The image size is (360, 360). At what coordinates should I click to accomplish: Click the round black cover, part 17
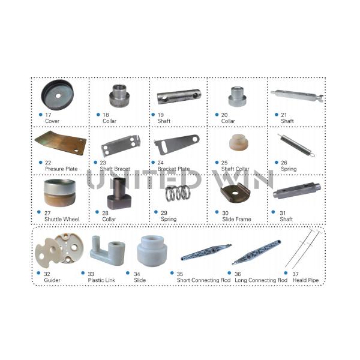59,94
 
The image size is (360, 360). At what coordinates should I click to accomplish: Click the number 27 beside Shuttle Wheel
49,212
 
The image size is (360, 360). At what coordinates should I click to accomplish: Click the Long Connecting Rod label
261,280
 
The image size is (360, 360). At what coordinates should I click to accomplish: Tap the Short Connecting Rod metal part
206,250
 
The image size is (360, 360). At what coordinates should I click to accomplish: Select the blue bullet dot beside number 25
216,163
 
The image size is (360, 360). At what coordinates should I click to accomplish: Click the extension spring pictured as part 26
295,145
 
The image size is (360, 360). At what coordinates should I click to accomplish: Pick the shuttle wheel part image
59,193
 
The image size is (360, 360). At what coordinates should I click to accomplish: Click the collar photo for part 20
236,96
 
